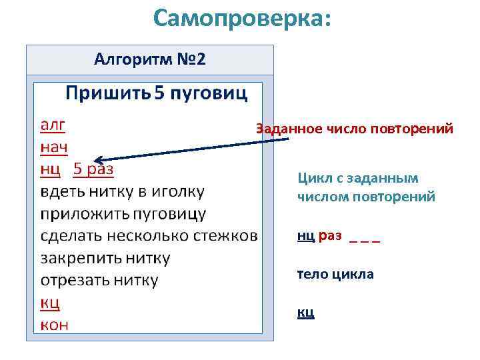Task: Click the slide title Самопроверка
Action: pyautogui.click(x=241, y=18)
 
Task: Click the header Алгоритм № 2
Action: pyautogui.click(x=150, y=60)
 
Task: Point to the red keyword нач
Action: pyautogui.click(x=54, y=147)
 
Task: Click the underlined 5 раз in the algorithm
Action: pyautogui.click(x=93, y=169)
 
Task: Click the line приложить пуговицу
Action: pyautogui.click(x=123, y=214)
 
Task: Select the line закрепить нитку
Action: pyautogui.click(x=105, y=258)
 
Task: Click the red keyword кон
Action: pyautogui.click(x=54, y=325)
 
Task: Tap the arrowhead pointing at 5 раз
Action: pyautogui.click(x=97, y=160)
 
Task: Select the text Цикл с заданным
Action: pyautogui.click(x=358, y=178)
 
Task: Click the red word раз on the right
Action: pyautogui.click(x=330, y=235)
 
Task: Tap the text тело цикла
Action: pyautogui.click(x=335, y=274)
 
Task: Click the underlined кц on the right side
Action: pyautogui.click(x=305, y=312)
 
